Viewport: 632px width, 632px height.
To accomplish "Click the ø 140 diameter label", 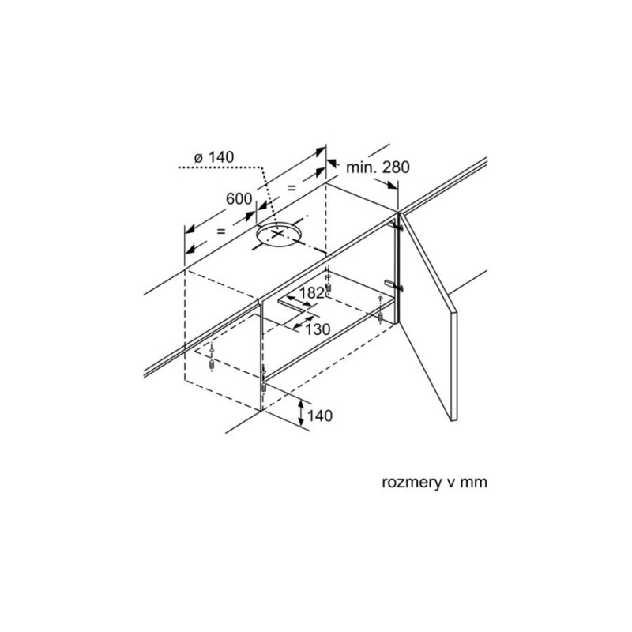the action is [214, 157].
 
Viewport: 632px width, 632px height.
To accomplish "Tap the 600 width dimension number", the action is [239, 199].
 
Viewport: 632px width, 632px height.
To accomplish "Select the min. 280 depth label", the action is [378, 167].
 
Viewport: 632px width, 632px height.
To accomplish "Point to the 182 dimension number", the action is [311, 293].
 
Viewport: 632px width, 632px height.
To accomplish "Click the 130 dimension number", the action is [318, 329].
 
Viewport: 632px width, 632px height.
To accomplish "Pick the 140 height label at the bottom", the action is [320, 416].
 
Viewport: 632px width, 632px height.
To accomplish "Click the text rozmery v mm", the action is [434, 482].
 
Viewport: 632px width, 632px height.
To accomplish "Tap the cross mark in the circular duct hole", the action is [277, 234].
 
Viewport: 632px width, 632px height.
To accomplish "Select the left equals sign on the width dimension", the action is [221, 231].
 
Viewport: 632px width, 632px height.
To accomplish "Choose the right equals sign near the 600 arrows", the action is [291, 187].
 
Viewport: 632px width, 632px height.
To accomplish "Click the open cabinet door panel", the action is [428, 317].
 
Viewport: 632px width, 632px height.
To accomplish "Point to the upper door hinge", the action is [397, 226].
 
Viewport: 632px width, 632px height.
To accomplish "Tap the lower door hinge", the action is [394, 285].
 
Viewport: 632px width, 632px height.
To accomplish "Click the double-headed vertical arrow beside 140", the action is [301, 413].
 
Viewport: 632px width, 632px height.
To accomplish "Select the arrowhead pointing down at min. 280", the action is [391, 185].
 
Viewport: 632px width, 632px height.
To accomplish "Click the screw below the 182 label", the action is [328, 284].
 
